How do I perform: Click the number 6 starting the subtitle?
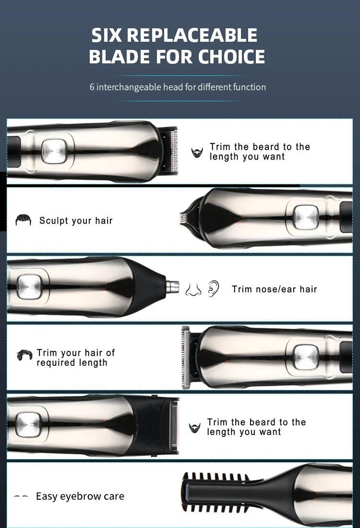(x=92, y=87)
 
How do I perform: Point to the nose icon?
(x=193, y=288)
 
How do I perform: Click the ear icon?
(x=213, y=288)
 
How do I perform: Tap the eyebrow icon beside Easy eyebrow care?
(x=21, y=497)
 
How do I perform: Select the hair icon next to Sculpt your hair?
(x=23, y=220)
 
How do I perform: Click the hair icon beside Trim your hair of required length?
(x=24, y=355)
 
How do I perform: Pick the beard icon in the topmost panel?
(x=197, y=153)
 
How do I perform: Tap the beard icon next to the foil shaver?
(x=194, y=428)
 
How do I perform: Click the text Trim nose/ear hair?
(x=274, y=289)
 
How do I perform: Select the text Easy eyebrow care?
(x=80, y=496)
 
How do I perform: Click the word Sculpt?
(x=54, y=221)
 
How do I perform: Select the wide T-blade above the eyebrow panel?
(x=185, y=357)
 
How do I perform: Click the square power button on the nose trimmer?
(x=29, y=287)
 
